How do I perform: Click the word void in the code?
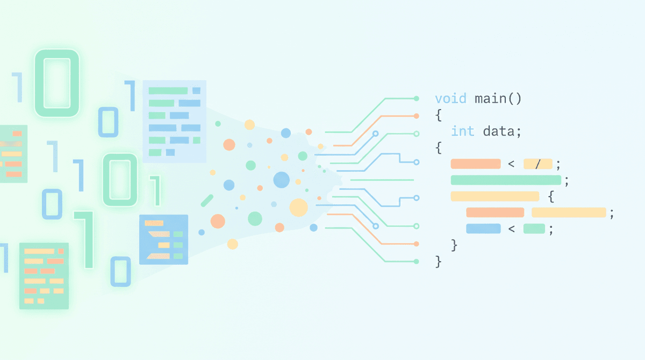(450, 99)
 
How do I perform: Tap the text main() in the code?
(498, 99)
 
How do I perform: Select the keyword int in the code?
(462, 131)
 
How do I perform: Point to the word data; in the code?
(502, 132)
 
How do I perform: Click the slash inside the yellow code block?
(537, 164)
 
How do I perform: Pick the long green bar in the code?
(506, 180)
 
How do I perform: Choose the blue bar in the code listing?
(483, 229)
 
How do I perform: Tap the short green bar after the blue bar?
(534, 229)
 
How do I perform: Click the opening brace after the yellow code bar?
(551, 197)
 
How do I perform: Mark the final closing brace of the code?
(438, 262)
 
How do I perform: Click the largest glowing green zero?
(57, 83)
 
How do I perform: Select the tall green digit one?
(85, 240)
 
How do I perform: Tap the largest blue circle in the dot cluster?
(281, 180)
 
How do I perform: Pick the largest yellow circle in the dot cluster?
(299, 207)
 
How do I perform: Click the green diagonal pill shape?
(207, 200)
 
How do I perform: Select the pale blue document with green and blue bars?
(175, 121)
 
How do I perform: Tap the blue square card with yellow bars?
(163, 240)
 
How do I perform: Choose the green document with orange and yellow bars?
(44, 276)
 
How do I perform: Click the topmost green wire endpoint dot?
(417, 99)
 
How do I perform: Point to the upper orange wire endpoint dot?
(417, 116)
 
